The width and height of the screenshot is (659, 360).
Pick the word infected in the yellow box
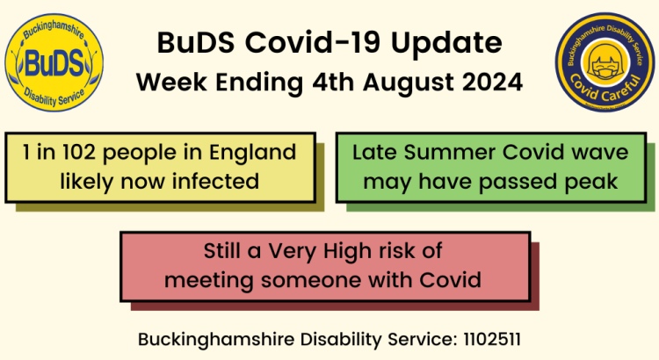pyautogui.click(x=215, y=182)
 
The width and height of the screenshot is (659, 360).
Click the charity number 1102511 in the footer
pyautogui.click(x=492, y=337)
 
